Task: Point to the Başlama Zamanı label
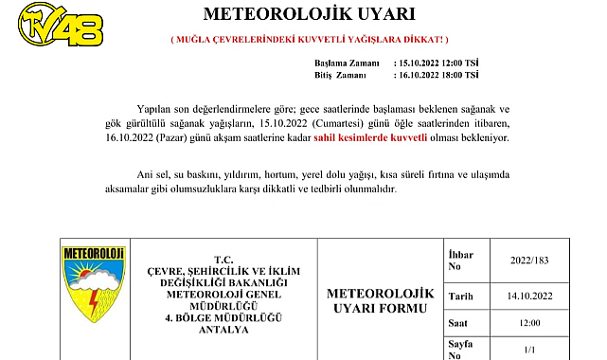(349, 63)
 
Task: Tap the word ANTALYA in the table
(223, 329)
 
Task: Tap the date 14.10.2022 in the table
(528, 296)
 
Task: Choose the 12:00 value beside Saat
(528, 323)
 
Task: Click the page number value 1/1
(528, 349)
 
